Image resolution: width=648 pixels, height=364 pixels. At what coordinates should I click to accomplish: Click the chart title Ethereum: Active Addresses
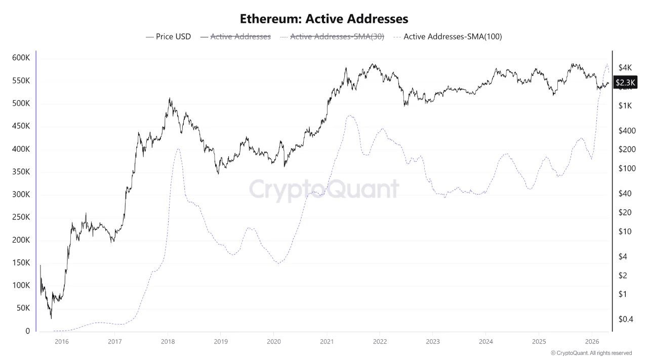(324, 19)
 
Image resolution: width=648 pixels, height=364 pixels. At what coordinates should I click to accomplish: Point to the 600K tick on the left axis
(21, 58)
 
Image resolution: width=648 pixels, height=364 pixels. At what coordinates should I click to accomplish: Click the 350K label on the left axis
(21, 172)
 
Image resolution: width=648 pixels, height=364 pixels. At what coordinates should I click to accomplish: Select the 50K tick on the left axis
(22, 308)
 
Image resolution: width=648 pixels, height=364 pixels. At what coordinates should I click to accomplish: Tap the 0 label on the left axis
(28, 331)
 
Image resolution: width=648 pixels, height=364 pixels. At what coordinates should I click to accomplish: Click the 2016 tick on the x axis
(61, 342)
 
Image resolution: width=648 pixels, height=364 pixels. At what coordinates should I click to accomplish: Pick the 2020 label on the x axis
(273, 342)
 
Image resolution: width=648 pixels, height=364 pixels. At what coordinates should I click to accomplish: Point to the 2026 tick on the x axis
(592, 342)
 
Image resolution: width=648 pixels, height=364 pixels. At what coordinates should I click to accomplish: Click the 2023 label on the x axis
(432, 342)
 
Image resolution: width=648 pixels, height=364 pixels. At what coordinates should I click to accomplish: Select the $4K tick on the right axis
(625, 68)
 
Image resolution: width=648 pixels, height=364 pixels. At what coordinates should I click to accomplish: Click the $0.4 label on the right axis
(625, 318)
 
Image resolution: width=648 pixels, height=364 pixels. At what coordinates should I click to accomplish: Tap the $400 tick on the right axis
(626, 130)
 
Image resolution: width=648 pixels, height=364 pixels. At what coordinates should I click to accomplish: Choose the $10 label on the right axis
(625, 232)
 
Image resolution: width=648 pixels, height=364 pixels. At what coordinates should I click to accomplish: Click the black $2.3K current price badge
(626, 82)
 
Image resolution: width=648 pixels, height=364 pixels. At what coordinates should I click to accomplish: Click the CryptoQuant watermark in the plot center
(324, 190)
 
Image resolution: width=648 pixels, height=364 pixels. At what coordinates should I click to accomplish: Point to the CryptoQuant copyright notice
(591, 353)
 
